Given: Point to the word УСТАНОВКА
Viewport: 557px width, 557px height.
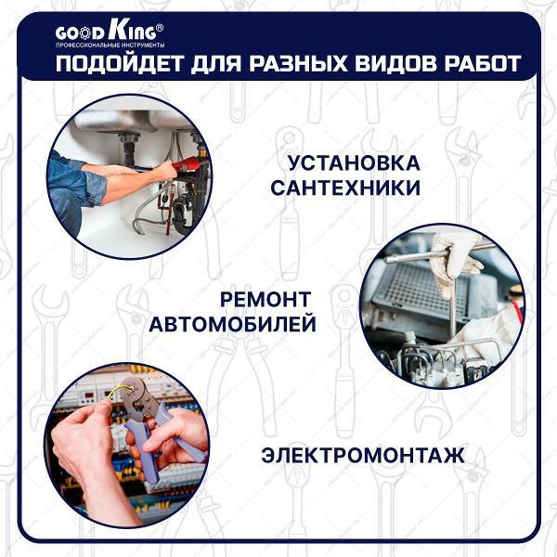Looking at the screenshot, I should point(354,163).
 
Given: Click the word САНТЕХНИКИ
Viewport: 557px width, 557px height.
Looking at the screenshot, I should point(345,188).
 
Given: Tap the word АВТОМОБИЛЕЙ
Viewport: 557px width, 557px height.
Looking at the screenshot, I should point(233,326).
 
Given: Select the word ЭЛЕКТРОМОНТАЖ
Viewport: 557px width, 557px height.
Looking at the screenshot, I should point(362,456).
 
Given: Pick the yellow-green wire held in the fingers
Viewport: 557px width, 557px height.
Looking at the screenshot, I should point(110,395).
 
